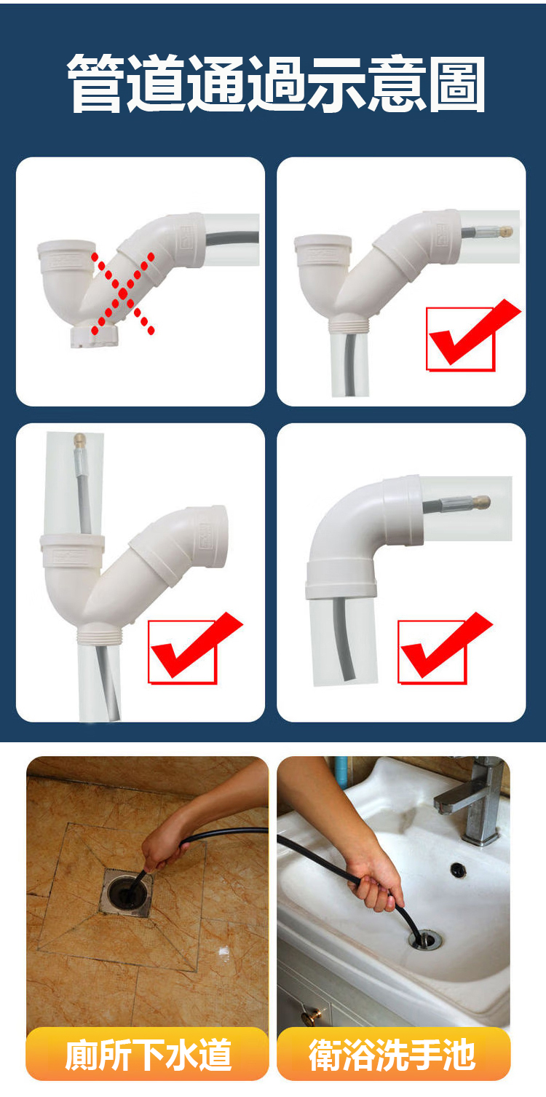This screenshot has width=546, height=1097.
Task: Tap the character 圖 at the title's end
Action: tap(457, 83)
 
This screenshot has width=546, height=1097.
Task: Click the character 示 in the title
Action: tap(337, 83)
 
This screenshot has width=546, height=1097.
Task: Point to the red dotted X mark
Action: tap(123, 294)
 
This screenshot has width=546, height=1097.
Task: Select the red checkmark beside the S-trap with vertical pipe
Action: tap(194, 648)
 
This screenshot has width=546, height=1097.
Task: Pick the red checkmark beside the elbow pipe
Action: tap(444, 648)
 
